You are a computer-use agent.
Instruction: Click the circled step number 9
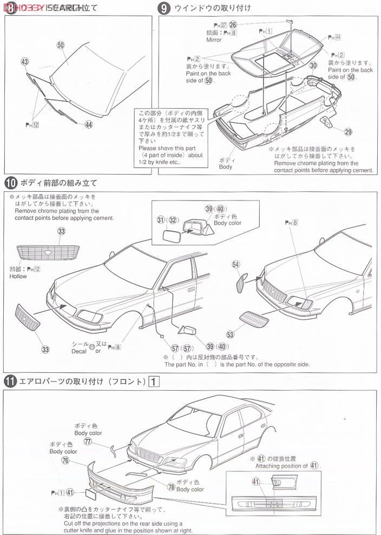point(163,8)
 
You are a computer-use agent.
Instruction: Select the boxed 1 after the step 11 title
point(155,382)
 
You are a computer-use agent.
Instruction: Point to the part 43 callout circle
point(25,62)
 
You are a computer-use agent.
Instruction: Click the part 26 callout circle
point(233,24)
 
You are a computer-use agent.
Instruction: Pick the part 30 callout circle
point(313,66)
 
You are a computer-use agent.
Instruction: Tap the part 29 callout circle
point(348,131)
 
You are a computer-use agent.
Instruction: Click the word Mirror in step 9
point(214,40)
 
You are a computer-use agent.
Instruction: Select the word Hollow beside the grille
point(18,276)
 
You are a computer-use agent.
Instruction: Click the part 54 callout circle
point(235,264)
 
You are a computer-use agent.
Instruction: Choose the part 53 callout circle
point(231,335)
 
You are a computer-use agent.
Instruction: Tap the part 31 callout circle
point(160,220)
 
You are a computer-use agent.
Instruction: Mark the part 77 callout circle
point(88,442)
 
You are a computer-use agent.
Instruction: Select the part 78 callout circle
point(171,487)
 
